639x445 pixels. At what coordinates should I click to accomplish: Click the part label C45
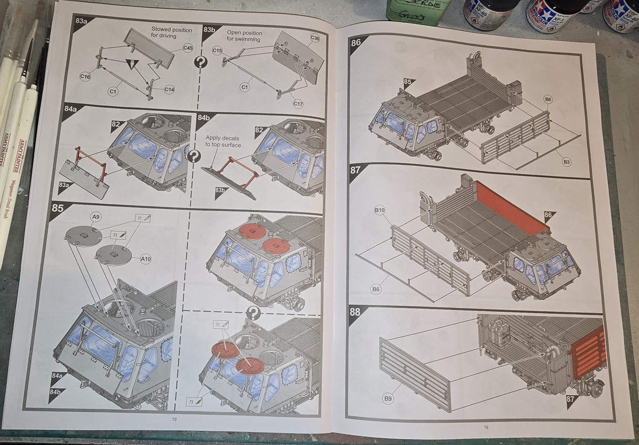coord(188,49)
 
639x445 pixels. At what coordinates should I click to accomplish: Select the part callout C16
coord(85,77)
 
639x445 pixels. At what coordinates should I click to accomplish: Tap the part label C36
coord(315,38)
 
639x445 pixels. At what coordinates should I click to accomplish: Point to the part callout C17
coord(298,104)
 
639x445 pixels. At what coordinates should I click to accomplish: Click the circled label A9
coord(96,216)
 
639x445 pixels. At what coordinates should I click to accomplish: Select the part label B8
coord(548,100)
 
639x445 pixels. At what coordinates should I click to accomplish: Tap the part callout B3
coord(566,161)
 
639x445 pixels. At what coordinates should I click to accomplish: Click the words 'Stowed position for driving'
coord(172,33)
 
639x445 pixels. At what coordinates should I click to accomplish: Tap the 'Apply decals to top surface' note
coord(223,141)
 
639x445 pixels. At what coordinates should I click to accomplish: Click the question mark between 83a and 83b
coord(200,62)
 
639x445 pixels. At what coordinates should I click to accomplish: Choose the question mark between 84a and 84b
coord(193,156)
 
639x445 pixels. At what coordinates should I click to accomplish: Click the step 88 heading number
coord(355,311)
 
